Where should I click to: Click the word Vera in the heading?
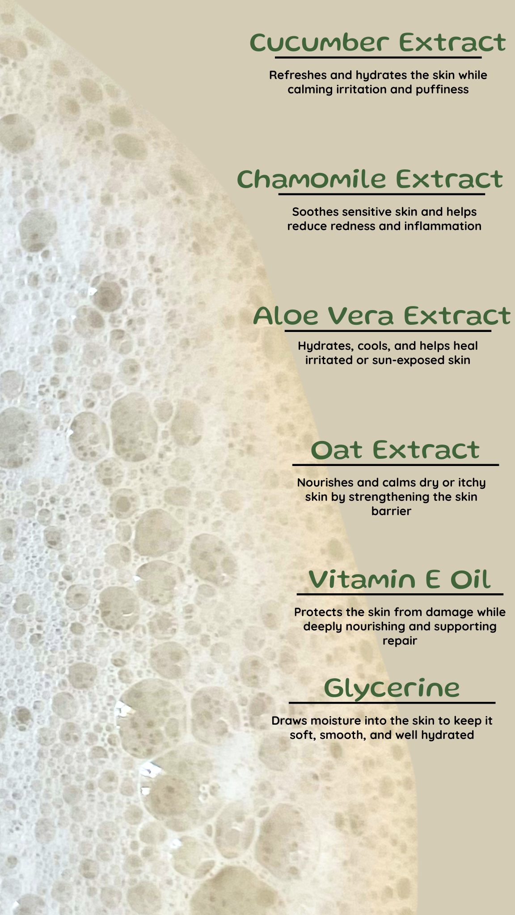point(361,316)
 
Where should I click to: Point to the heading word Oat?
point(337,450)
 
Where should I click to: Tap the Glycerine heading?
point(392,688)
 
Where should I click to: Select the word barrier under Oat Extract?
point(391,511)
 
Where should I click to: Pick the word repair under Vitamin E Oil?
point(400,641)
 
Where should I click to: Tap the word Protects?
point(318,612)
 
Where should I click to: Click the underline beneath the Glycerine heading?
point(392,703)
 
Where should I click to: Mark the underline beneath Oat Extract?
point(396,465)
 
